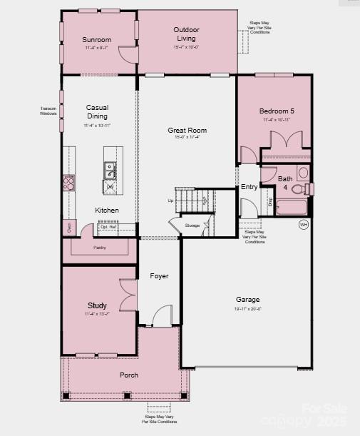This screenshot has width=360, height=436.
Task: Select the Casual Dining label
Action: point(97,112)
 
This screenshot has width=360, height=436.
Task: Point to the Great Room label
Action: point(187,131)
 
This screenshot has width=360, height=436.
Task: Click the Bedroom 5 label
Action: point(277,111)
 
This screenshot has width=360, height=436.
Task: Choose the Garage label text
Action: point(248,300)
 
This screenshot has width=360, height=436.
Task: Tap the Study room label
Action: point(97,305)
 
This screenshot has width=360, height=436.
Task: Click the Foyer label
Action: point(159,275)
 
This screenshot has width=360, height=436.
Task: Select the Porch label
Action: point(129,375)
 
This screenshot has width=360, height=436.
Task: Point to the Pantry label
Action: point(100,248)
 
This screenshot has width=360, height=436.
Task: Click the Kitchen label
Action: point(107,211)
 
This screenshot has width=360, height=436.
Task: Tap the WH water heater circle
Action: point(304,224)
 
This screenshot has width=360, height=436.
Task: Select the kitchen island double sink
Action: point(110,171)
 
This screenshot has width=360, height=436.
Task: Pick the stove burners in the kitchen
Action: point(68,184)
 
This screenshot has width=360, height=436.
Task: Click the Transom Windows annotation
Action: point(48,111)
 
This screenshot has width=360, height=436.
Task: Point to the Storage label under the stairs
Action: point(192,225)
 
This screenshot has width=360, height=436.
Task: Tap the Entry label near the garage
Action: point(249,187)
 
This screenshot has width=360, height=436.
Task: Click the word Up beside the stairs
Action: point(170,201)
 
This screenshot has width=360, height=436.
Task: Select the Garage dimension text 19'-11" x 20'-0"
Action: point(248,309)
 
